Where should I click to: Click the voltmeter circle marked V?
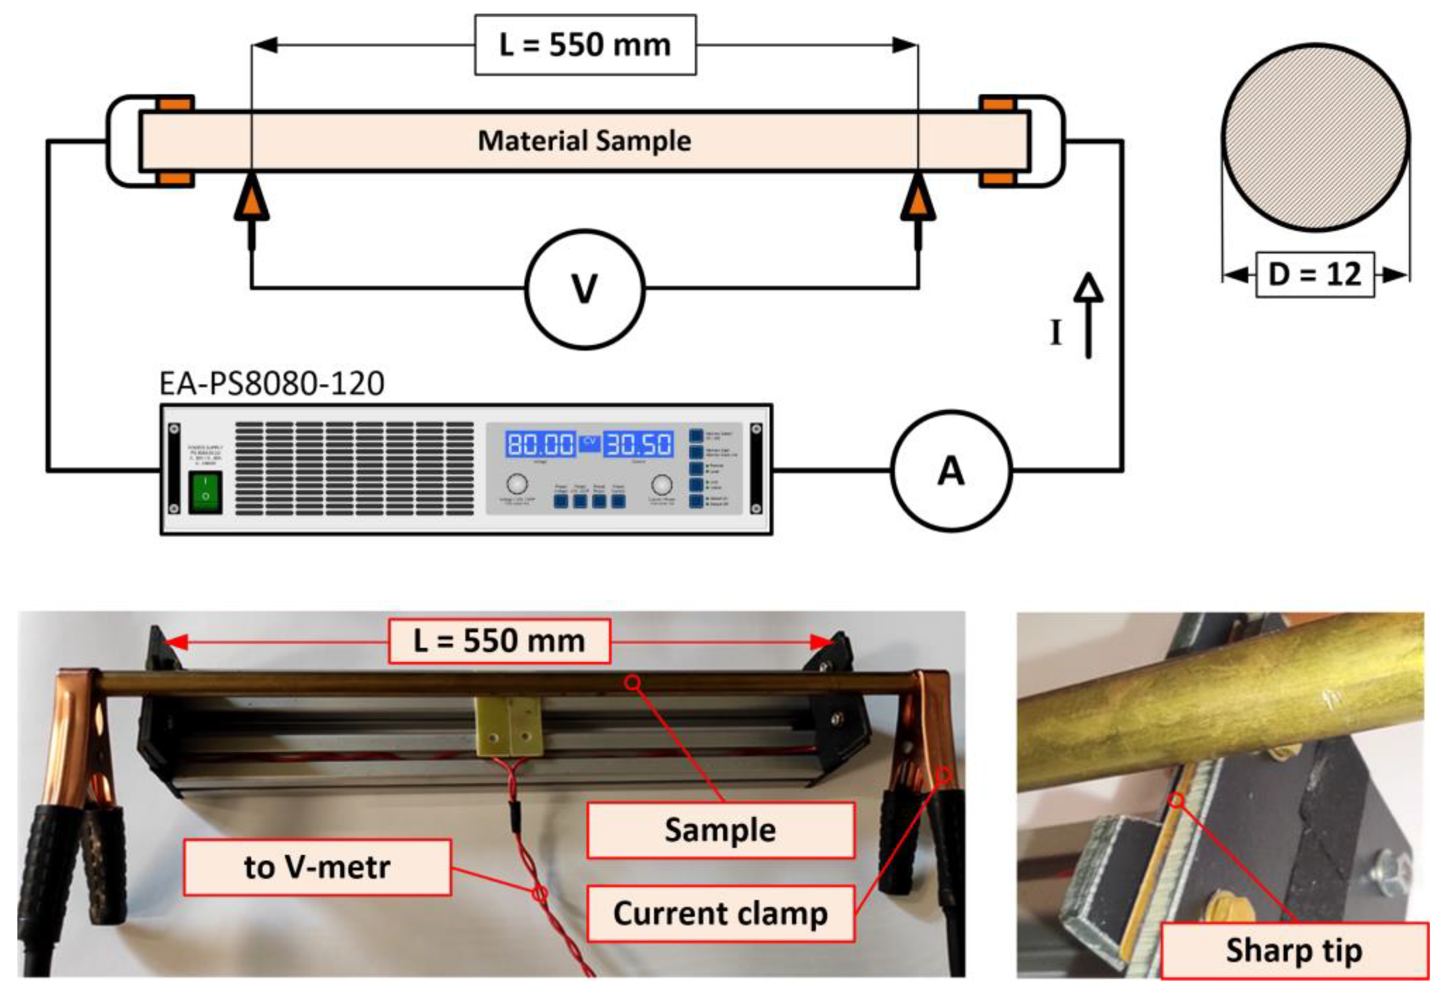pos(584,289)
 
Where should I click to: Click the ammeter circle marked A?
pos(950,471)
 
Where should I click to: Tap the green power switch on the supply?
pos(205,493)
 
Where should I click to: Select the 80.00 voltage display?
pos(540,444)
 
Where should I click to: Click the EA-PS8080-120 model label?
pos(272,384)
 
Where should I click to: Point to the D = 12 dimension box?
pos(1315,274)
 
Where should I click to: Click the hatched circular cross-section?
pos(1315,137)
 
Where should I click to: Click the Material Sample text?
pos(584,141)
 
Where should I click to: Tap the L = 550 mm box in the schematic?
pos(585,45)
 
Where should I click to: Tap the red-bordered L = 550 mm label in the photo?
pos(499,641)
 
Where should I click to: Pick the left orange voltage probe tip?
pos(252,198)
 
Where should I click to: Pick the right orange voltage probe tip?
pos(917,198)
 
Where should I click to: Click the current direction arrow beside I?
pos(1089,315)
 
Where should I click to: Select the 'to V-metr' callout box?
pos(317,867)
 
